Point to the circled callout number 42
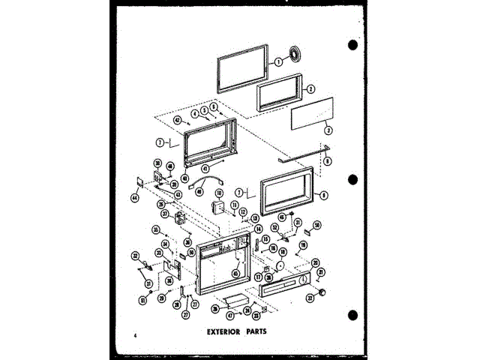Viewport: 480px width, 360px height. click(x=178, y=120)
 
